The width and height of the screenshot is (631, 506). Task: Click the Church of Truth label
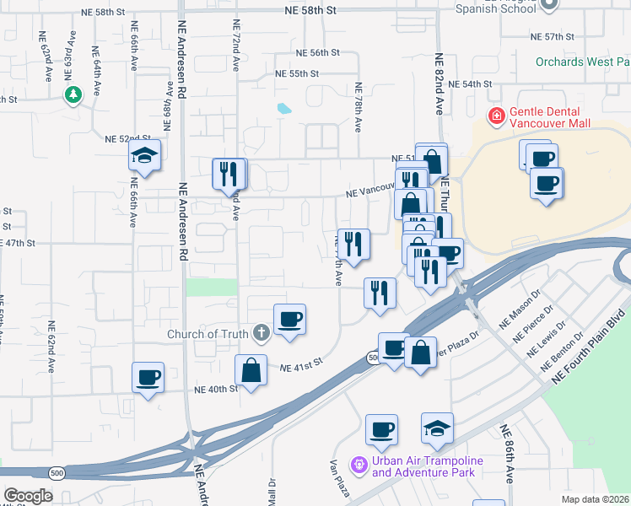tap(208, 334)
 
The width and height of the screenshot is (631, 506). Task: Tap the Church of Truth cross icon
tap(262, 333)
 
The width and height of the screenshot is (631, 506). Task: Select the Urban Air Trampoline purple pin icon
tap(359, 465)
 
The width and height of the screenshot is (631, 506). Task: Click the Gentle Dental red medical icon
tap(497, 116)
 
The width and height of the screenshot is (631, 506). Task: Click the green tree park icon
tap(74, 94)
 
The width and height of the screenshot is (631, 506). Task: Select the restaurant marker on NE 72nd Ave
tap(229, 175)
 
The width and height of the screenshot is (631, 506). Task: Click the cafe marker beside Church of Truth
tap(289, 320)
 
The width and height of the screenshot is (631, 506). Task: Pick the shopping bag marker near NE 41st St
tap(251, 369)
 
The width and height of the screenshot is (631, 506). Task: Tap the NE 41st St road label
tap(304, 369)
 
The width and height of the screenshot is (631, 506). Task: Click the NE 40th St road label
tap(217, 390)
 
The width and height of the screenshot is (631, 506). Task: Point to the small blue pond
tap(284, 108)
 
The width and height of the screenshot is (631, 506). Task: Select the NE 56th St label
tap(318, 52)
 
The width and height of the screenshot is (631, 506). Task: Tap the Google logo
tap(28, 495)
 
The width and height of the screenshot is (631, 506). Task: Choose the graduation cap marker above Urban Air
tap(437, 428)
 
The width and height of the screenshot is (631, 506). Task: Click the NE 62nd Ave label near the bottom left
tap(51, 347)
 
